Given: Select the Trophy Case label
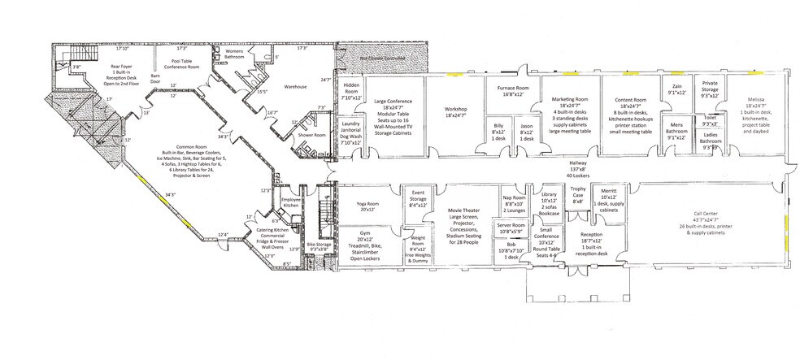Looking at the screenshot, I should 577,193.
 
